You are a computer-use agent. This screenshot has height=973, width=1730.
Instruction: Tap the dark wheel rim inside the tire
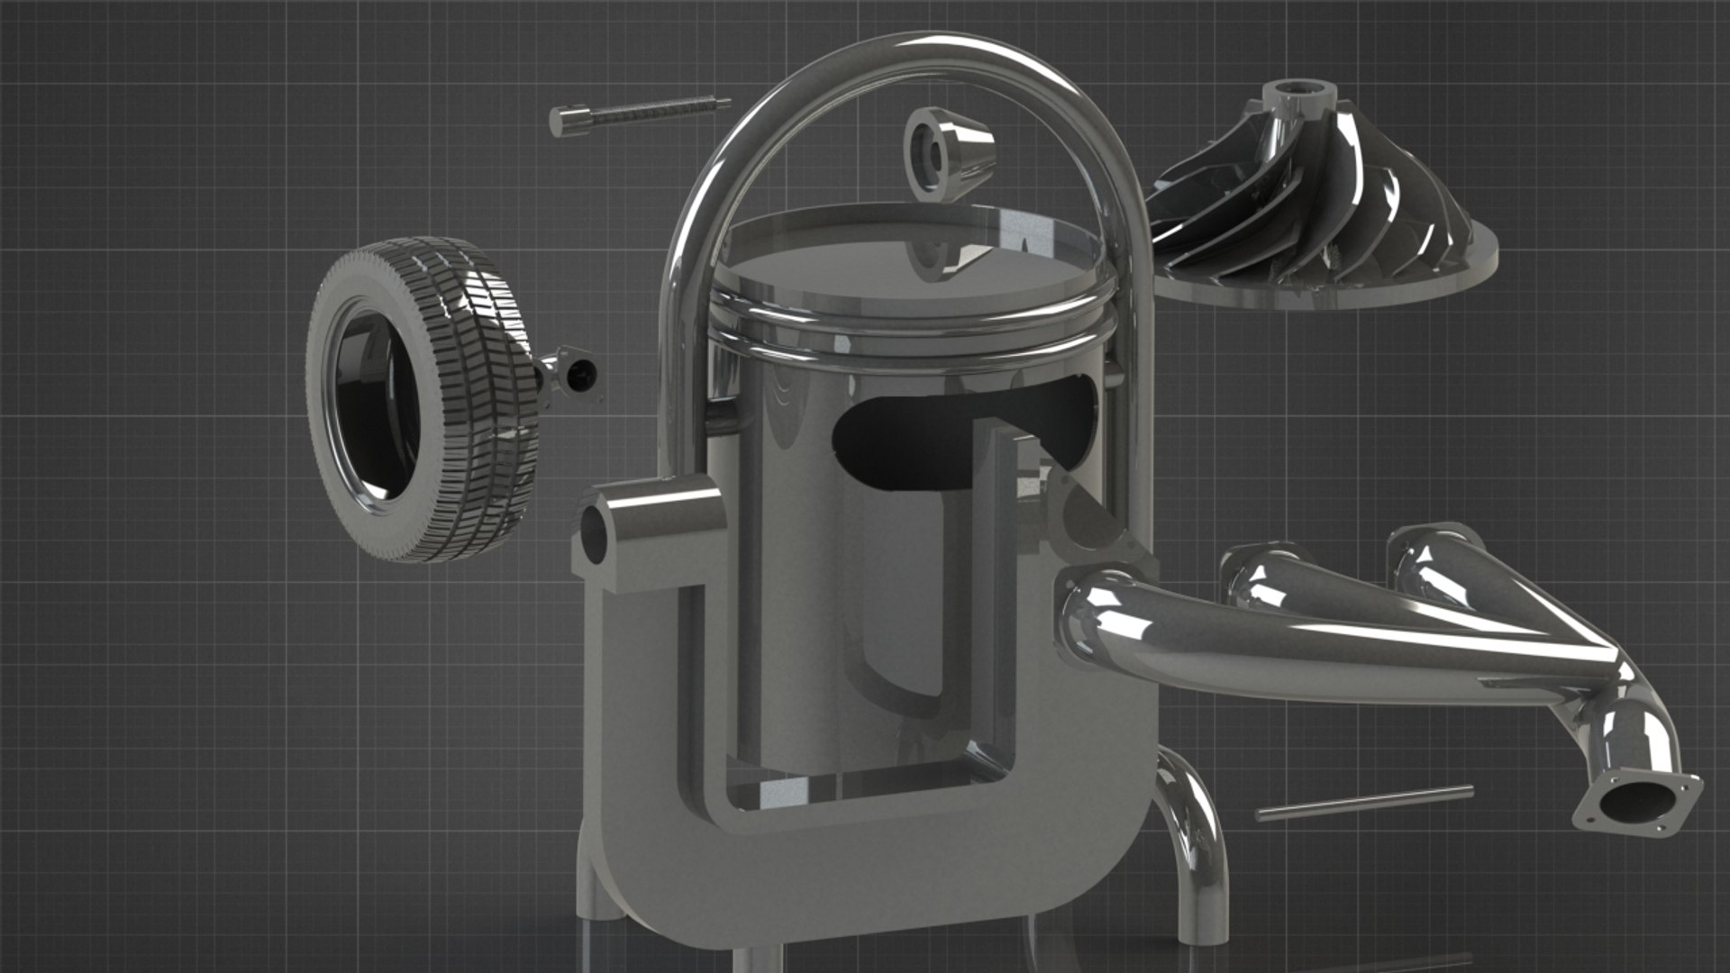(374, 405)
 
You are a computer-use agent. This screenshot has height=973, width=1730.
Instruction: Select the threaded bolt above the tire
(649, 112)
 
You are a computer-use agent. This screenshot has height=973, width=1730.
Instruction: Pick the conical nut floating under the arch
(948, 153)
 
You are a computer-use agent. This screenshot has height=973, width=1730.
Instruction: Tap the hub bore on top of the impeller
(1297, 90)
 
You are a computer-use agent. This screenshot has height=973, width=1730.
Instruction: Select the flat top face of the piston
(910, 270)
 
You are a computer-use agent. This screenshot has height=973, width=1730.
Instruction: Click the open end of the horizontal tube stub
(596, 536)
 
